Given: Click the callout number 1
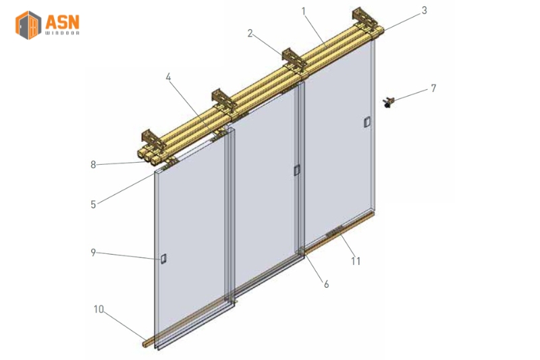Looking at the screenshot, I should pos(304,11).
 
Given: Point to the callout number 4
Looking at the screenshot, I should pos(168,78).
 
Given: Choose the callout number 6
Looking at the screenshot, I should pos(326,284).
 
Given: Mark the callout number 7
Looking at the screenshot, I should pos(433,88).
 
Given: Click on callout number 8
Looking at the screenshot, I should pos(94,163).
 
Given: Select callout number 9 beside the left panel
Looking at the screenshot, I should pos(94,253).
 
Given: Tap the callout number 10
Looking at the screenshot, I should pos(99,309).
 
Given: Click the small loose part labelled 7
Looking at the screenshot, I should pos(389,103).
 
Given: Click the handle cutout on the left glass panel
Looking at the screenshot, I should pos(163,259).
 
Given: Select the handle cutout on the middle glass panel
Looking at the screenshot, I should pos(296,171).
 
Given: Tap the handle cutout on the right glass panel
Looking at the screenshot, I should pos(367,122).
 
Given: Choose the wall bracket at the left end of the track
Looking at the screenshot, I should pos(154,140).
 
